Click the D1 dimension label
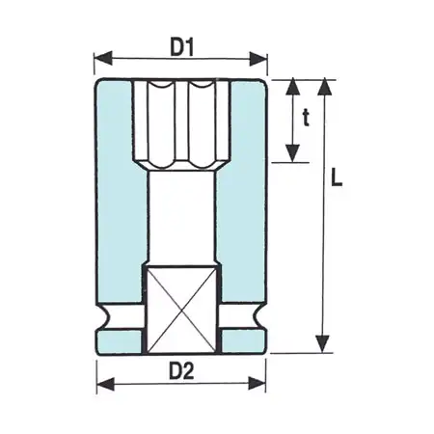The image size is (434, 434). pos(182,45)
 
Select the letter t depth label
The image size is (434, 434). pos(307,119)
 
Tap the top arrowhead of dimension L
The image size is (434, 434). pos(325,85)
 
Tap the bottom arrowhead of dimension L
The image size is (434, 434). pos(325,347)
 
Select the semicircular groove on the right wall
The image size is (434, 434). pos(258,317)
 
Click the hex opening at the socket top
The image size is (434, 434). pos(182,121)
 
